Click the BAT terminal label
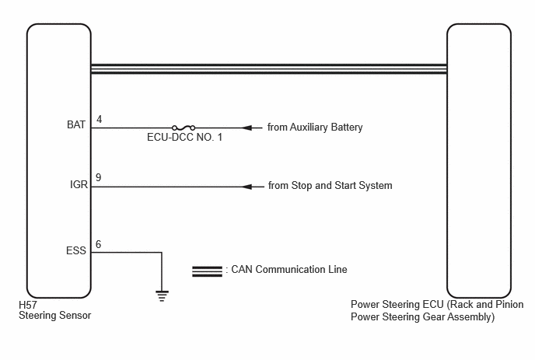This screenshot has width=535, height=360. click(76, 125)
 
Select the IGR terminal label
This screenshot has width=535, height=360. click(79, 184)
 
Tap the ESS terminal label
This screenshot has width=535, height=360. click(76, 251)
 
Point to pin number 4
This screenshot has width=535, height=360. click(100, 119)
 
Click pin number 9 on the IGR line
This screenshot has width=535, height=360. click(99, 177)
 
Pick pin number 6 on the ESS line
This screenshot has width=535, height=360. click(99, 244)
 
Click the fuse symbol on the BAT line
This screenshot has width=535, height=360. click(184, 128)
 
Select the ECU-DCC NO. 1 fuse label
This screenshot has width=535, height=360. click(184, 137)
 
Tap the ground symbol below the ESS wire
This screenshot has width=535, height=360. click(162, 295)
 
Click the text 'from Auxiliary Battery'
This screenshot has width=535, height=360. click(315, 128)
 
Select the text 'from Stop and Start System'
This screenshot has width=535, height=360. click(330, 186)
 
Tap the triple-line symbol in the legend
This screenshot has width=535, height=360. click(207, 271)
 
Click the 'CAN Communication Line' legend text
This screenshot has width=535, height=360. click(289, 269)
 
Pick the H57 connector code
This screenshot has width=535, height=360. click(28, 305)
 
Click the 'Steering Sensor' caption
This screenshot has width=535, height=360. click(55, 316)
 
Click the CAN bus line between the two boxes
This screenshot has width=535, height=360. click(269, 69)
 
